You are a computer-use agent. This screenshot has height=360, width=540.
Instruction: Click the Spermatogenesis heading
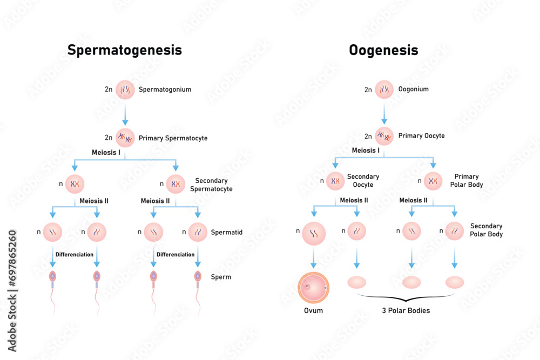124,50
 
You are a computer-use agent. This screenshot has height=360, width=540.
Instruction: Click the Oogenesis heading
383,50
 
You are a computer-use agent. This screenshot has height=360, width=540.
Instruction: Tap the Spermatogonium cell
125,90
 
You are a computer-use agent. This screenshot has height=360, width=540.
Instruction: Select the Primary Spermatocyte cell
125,138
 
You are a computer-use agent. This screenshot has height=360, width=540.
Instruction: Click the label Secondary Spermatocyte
211,185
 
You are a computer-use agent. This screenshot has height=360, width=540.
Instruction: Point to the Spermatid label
226,233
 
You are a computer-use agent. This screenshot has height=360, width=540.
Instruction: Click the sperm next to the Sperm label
198,277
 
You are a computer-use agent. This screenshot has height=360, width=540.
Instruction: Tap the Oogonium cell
384,90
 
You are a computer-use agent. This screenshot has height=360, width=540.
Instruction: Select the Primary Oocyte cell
384,136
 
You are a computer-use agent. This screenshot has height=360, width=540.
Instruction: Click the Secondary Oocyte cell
335,181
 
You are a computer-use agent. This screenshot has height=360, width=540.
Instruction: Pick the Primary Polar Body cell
433,181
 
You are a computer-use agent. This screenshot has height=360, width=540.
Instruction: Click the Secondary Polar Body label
486,230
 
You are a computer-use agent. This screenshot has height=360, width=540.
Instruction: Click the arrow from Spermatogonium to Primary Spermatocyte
125,114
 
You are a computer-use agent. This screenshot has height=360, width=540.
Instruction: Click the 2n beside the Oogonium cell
368,90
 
